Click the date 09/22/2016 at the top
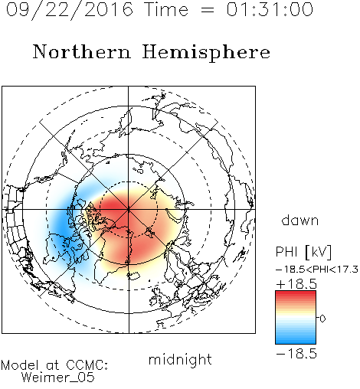[x=69, y=10]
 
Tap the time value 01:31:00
[x=270, y=9]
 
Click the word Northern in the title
[x=82, y=51]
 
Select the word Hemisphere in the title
[x=206, y=53]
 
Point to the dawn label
[x=300, y=220]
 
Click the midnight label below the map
[x=180, y=361]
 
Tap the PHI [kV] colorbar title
[x=303, y=252]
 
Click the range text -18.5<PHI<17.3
[x=317, y=270]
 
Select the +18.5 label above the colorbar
[x=296, y=284]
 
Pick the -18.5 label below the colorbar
[x=296, y=354]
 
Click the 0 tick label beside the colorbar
[x=322, y=319]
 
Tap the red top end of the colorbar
[x=296, y=293]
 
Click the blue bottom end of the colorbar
[x=296, y=342]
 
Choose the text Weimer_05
[x=58, y=377]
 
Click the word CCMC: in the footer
[x=87, y=365]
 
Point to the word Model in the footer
[x=20, y=365]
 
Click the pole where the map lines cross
[x=129, y=209]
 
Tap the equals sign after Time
[x=208, y=10]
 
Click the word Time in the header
[x=166, y=9]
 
